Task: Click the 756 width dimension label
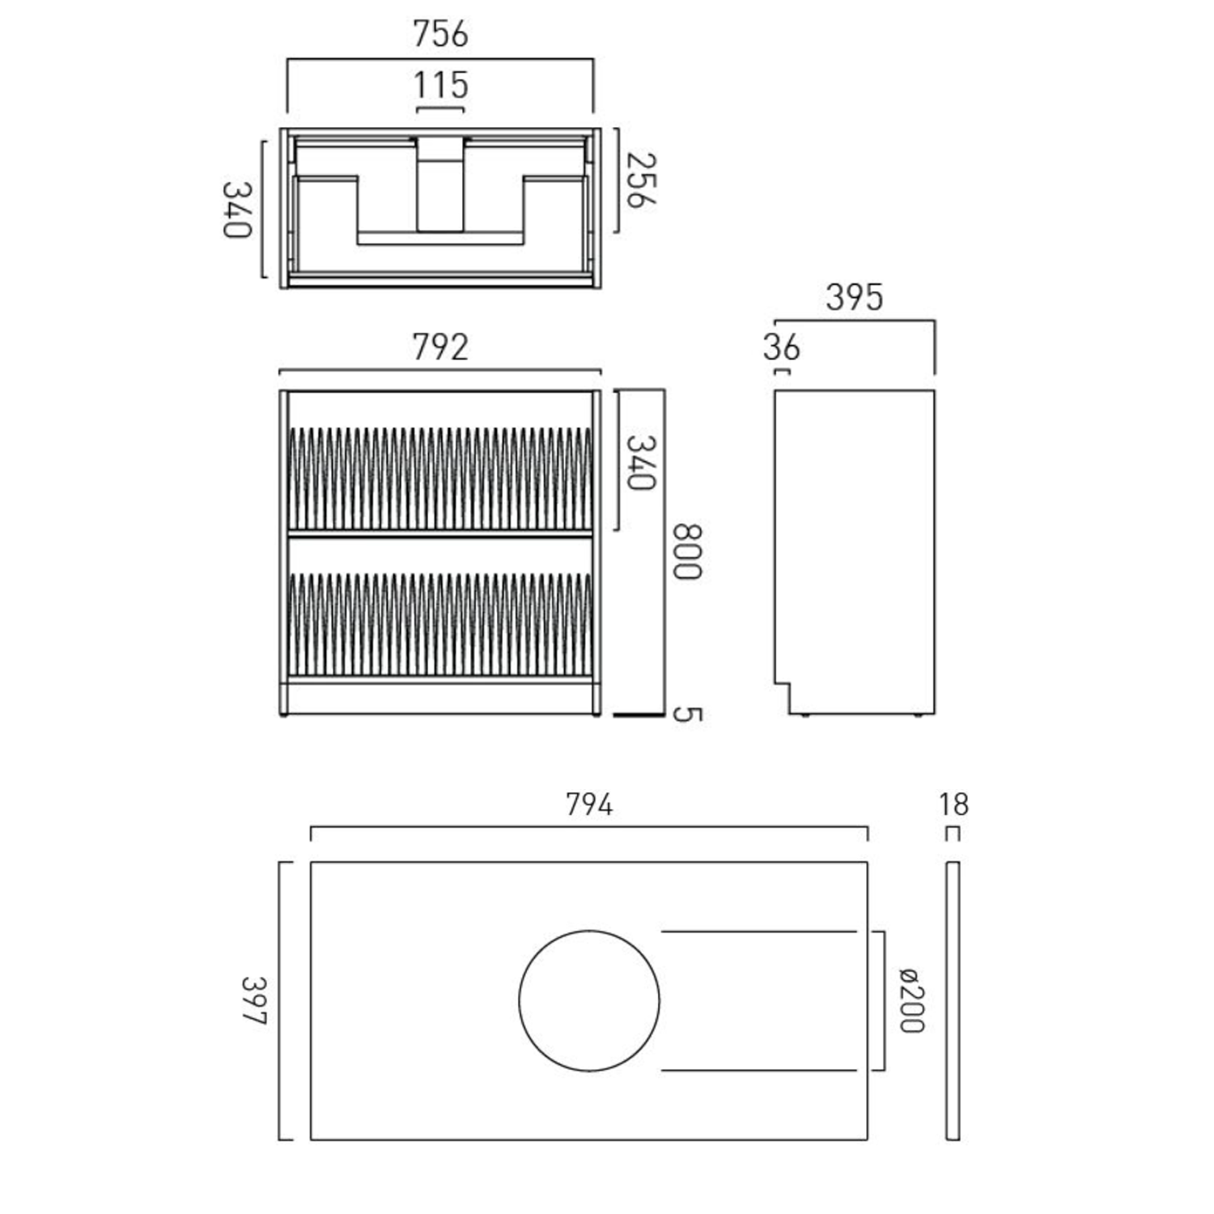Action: (x=440, y=34)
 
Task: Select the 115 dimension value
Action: (x=441, y=85)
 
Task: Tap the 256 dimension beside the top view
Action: (x=640, y=180)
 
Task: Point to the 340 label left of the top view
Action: (x=237, y=210)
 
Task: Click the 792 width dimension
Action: (x=440, y=347)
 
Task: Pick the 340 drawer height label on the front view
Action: (x=640, y=463)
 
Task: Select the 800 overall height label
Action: (x=687, y=552)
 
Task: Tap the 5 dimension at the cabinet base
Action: (x=687, y=714)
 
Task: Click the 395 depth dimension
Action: (x=854, y=298)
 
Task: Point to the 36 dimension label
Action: (x=781, y=348)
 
